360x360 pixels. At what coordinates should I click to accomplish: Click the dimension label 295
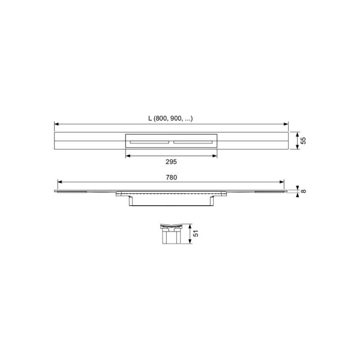coord(171,162)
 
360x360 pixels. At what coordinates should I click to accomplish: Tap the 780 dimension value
coord(171,178)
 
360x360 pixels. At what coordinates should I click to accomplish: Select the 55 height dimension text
coord(303,140)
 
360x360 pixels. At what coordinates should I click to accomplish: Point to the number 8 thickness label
coord(303,191)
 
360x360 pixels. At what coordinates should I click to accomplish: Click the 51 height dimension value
coord(196,233)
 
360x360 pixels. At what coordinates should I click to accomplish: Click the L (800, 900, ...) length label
coord(170,118)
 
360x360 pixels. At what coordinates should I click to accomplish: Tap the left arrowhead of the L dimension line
coord(56,124)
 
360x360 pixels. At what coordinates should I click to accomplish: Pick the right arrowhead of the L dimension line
coord(286,124)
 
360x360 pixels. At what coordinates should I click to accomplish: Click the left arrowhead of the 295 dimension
coord(128,156)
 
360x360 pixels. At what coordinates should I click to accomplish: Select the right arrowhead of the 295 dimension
coord(215,156)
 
